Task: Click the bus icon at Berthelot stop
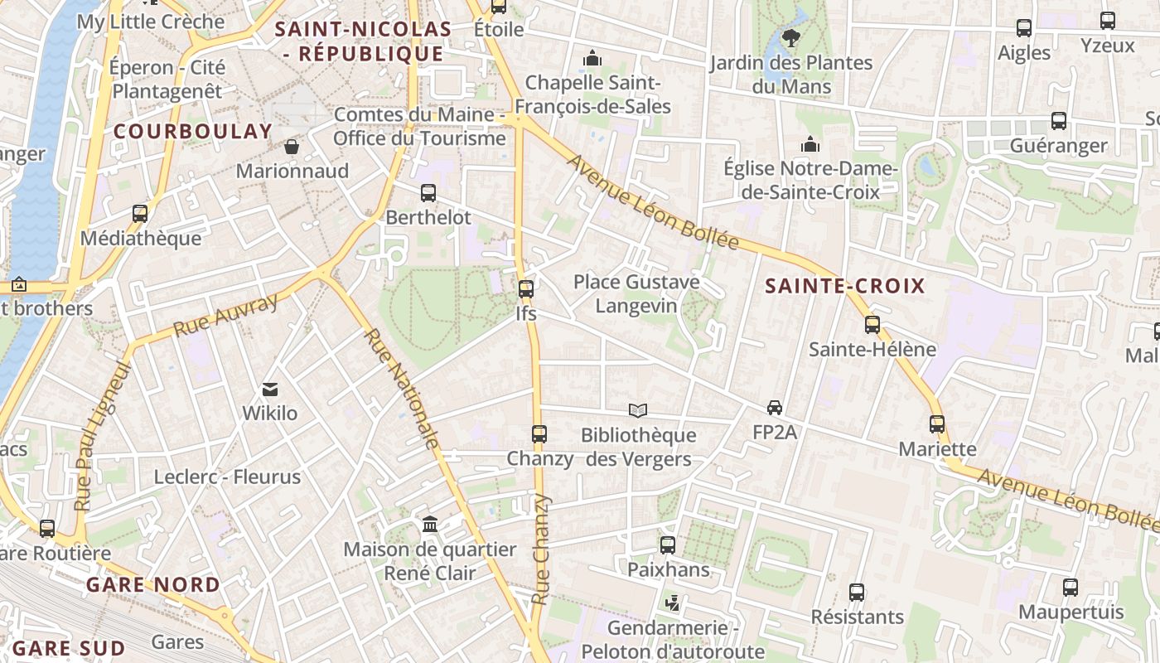point(428,193)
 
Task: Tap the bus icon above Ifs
point(526,289)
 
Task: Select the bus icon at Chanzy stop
point(539,433)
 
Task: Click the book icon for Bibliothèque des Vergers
point(637,410)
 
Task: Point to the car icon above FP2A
point(775,408)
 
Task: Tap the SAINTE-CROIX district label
point(844,287)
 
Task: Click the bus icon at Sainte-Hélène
point(872,325)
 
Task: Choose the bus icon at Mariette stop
point(937,424)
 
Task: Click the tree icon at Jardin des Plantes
point(791,37)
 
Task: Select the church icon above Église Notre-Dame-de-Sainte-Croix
point(810,145)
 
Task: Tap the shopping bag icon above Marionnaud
point(292,147)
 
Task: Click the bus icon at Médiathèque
point(140,214)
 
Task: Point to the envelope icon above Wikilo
point(270,389)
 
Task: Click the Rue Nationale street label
point(401,389)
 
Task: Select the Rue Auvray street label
point(225,316)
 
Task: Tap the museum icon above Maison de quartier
point(430,525)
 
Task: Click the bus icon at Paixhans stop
point(668,545)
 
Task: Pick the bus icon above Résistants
point(857,593)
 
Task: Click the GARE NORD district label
point(153,585)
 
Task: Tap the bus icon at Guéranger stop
point(1059,121)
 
